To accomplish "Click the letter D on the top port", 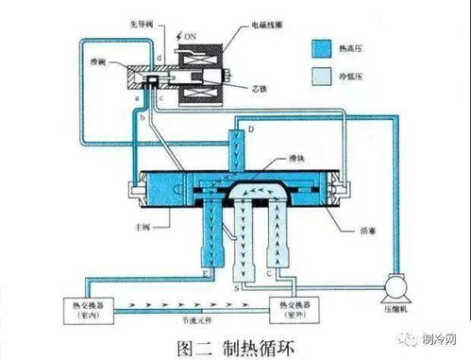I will [x=252, y=129].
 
